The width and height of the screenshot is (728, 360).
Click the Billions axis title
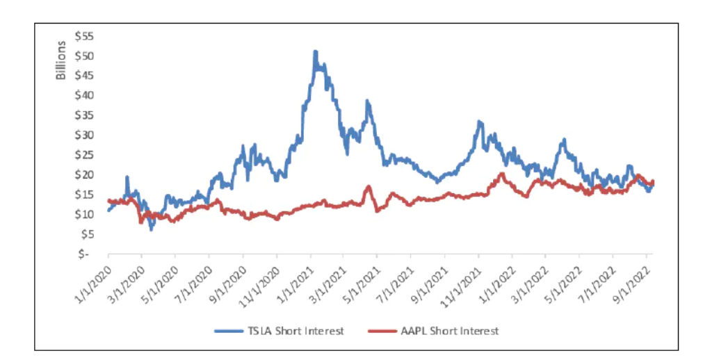point(60,60)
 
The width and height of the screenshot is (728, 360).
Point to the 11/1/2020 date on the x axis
point(260,277)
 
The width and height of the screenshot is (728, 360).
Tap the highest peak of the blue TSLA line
point(315,51)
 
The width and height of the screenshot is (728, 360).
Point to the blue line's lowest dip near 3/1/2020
point(151,229)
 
